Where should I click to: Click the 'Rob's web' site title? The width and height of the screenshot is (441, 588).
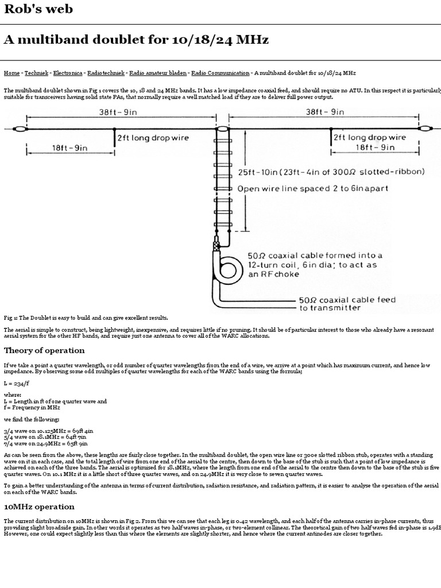(x=38, y=9)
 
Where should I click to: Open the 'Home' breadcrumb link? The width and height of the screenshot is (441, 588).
(x=11, y=73)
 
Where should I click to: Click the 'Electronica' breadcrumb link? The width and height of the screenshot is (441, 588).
(x=68, y=73)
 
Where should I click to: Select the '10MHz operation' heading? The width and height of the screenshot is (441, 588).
(x=39, y=507)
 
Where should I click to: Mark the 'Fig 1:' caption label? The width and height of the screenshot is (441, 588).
(x=10, y=318)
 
